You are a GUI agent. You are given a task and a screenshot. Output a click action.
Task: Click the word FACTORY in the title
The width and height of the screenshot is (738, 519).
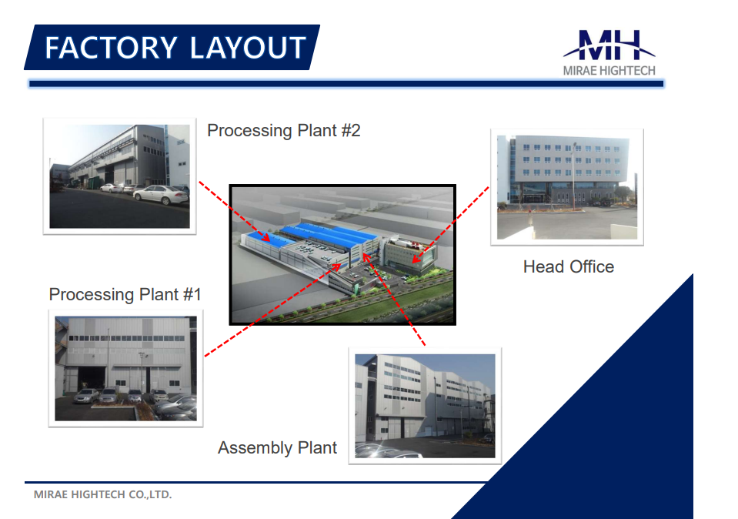[x=111, y=48]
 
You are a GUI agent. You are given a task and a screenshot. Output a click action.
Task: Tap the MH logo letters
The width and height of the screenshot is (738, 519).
[x=609, y=45]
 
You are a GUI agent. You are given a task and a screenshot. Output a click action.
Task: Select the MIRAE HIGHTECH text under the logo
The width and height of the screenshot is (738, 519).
[x=609, y=71]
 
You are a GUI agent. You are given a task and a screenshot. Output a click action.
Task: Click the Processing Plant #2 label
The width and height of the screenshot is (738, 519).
[x=284, y=130]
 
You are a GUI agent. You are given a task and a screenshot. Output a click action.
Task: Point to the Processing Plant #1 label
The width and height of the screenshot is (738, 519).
[x=125, y=294]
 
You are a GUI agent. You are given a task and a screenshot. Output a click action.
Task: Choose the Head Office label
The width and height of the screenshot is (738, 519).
[x=569, y=266]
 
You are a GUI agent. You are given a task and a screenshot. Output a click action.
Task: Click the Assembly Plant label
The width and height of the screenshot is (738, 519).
[x=277, y=447]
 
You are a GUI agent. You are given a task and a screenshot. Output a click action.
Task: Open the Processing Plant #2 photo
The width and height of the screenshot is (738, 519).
[x=119, y=176]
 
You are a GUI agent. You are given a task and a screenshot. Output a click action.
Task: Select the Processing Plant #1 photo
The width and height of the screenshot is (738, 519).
[x=125, y=368]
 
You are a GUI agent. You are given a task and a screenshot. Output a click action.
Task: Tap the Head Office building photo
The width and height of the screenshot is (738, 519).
[x=567, y=187]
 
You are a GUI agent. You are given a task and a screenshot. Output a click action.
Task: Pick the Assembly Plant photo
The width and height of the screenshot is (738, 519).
[x=425, y=406]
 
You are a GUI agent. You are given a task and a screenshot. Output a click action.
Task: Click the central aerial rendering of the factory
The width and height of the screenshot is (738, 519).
[x=342, y=255]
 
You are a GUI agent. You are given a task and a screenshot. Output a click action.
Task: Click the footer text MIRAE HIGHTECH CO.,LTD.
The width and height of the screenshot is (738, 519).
[x=102, y=494]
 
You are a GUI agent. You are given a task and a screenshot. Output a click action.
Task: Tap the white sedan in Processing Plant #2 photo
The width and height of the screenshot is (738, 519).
[x=161, y=194]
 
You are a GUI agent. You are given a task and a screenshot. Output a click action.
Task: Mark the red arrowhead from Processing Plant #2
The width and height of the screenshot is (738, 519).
[x=266, y=238]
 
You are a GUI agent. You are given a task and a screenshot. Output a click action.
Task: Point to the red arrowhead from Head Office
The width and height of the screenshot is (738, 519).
[x=416, y=259]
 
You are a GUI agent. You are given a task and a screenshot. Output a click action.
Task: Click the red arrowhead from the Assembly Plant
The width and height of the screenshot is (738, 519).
[x=366, y=257]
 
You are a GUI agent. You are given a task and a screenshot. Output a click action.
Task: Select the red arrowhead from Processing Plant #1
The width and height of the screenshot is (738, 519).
[x=336, y=267]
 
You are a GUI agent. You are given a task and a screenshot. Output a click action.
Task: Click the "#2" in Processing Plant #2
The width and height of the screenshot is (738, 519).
[x=351, y=130]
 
